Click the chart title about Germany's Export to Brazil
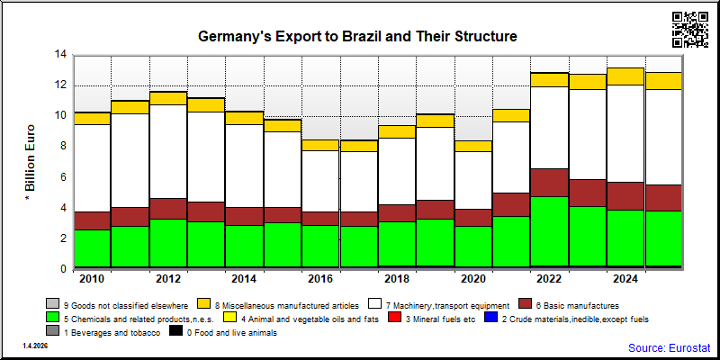pos(357,37)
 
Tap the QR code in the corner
pos(690,30)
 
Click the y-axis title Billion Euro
pos(30,162)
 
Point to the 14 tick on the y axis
pos(60,55)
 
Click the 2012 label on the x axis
pos(168,280)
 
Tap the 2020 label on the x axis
pos(473,280)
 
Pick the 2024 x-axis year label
pos(625,280)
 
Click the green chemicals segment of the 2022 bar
pos(549,231)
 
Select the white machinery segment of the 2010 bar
pos(92,168)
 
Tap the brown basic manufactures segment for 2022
pos(549,183)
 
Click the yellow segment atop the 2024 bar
pos(625,76)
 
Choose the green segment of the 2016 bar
pos(320,246)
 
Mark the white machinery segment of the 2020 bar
pos(473,181)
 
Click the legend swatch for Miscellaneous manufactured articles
pos(204,304)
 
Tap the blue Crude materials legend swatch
pos(491,318)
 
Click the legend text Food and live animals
pos(232,332)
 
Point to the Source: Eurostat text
pos(669,347)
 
